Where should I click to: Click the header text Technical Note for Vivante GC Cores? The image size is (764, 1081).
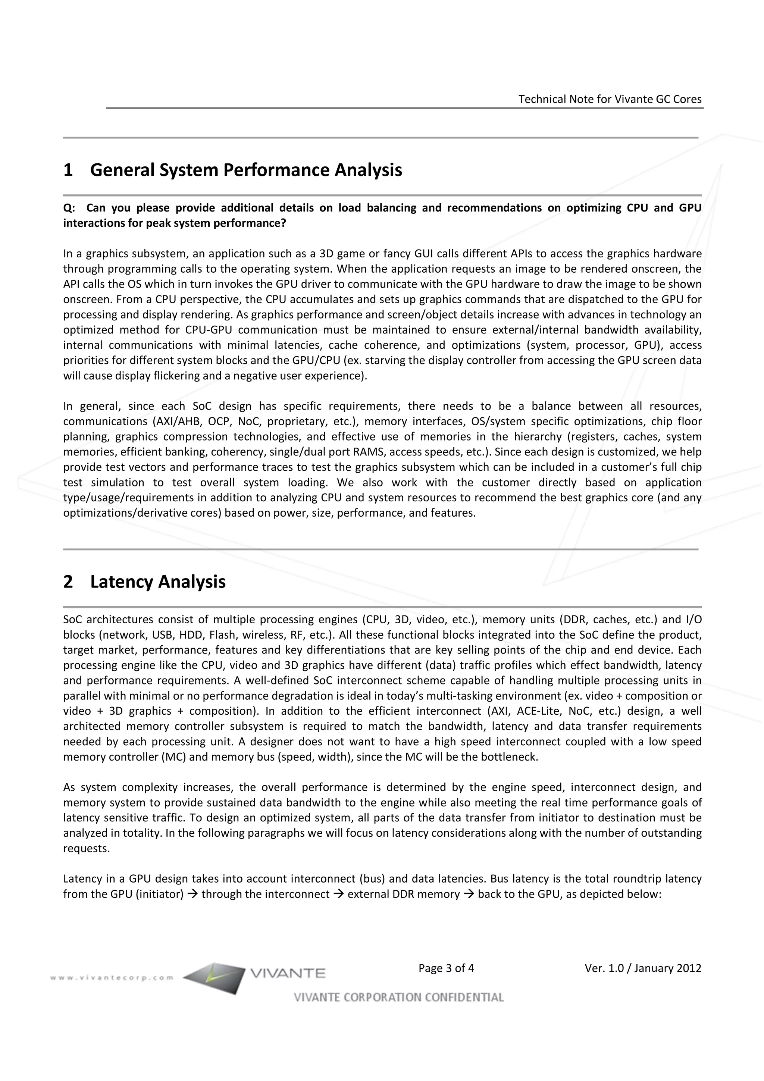coord(610,99)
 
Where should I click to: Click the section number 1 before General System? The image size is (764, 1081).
coord(68,170)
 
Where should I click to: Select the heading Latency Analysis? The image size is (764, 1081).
coord(158,582)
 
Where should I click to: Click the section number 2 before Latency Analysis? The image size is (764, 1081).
coord(68,582)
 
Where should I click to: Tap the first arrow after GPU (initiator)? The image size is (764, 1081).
coord(192,894)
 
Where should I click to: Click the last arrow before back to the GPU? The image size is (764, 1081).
coord(469,894)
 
